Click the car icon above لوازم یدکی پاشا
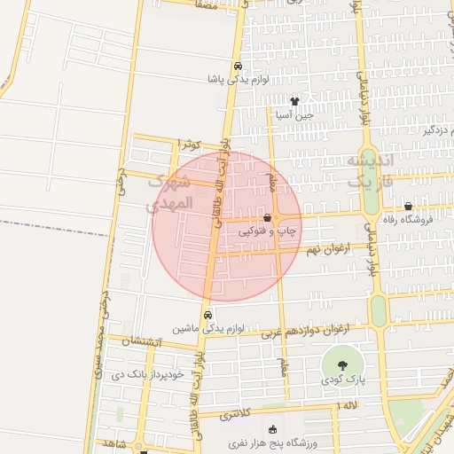tap(238, 67)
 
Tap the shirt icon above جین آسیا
tap(294, 101)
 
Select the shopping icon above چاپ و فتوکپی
tap(267, 217)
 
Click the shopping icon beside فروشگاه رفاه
tap(407, 207)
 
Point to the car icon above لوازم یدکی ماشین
tap(207, 314)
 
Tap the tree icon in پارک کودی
tap(340, 364)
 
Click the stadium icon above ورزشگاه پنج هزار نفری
tap(271, 429)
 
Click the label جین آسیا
tap(294, 114)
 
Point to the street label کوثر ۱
tap(190, 143)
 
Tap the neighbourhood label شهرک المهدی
tap(169, 192)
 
